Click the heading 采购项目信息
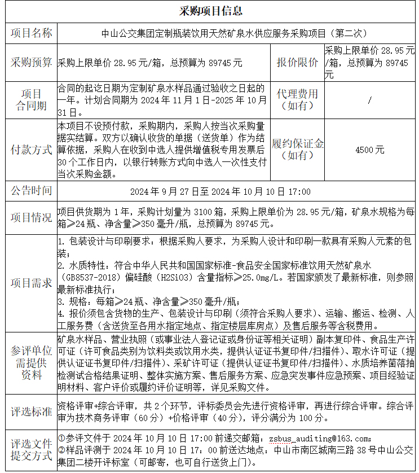click(210, 11)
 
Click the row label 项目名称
click(30, 33)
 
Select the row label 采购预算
click(30, 62)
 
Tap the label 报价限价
click(297, 62)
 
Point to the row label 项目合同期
click(30, 100)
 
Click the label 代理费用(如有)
click(297, 100)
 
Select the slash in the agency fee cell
click(369, 100)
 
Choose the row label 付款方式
click(30, 150)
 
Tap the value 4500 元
click(369, 150)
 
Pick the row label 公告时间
click(30, 191)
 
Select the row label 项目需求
click(30, 283)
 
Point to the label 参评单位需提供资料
click(30, 363)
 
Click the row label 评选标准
click(30, 412)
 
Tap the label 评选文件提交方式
click(30, 450)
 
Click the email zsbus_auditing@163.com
click(320, 438)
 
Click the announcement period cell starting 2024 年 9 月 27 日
click(220, 192)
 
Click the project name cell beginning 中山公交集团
click(234, 33)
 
